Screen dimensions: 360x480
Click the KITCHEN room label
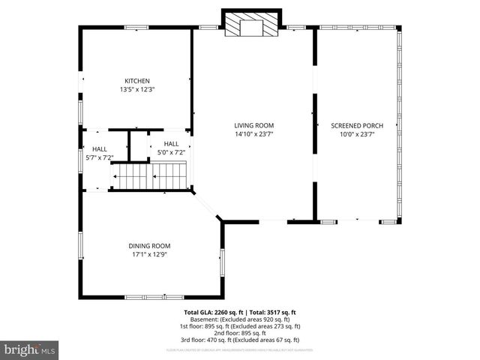137,80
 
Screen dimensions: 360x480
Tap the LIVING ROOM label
253,125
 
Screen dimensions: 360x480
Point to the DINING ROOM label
148,245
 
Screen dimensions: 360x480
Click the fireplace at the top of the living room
253,25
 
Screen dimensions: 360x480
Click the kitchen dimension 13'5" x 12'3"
137,89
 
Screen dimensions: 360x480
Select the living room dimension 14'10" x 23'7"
253,135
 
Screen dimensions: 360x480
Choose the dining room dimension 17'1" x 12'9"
148,254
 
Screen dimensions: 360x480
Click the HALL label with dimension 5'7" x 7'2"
99,148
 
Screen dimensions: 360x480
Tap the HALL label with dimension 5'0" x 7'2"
171,143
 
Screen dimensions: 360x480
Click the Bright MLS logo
30,349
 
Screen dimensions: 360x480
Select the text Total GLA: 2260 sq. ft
213,312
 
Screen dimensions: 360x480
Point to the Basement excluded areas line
241,319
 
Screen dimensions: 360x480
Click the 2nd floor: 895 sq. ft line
241,333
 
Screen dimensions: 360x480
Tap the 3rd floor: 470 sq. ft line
241,340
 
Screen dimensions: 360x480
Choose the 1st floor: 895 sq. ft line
241,326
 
